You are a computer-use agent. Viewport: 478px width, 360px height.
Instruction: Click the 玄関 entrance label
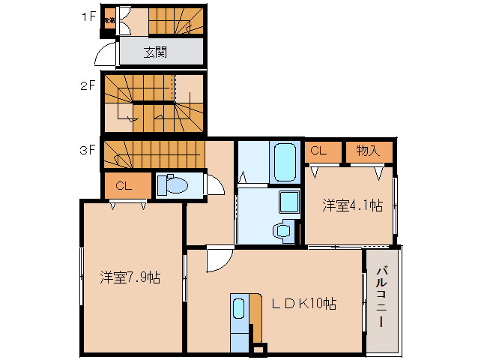click(156, 52)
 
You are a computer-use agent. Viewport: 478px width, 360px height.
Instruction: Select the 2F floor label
click(88, 86)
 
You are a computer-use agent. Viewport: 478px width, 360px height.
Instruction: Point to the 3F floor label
click(88, 149)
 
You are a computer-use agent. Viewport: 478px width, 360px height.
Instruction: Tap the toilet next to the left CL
click(173, 185)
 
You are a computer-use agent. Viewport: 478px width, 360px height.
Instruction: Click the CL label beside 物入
click(318, 151)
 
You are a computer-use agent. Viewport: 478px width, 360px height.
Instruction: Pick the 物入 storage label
click(368, 151)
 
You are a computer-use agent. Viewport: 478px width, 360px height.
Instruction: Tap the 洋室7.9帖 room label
click(130, 277)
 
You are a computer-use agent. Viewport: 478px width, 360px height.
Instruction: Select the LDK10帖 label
click(303, 303)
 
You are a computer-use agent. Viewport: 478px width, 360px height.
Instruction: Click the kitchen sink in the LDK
click(238, 309)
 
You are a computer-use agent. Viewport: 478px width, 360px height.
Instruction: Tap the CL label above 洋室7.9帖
click(124, 186)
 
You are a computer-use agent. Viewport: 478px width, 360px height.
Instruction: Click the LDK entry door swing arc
click(218, 260)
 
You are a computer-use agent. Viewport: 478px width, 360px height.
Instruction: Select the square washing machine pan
click(288, 201)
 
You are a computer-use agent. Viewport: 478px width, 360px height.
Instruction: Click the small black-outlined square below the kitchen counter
click(259, 348)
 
